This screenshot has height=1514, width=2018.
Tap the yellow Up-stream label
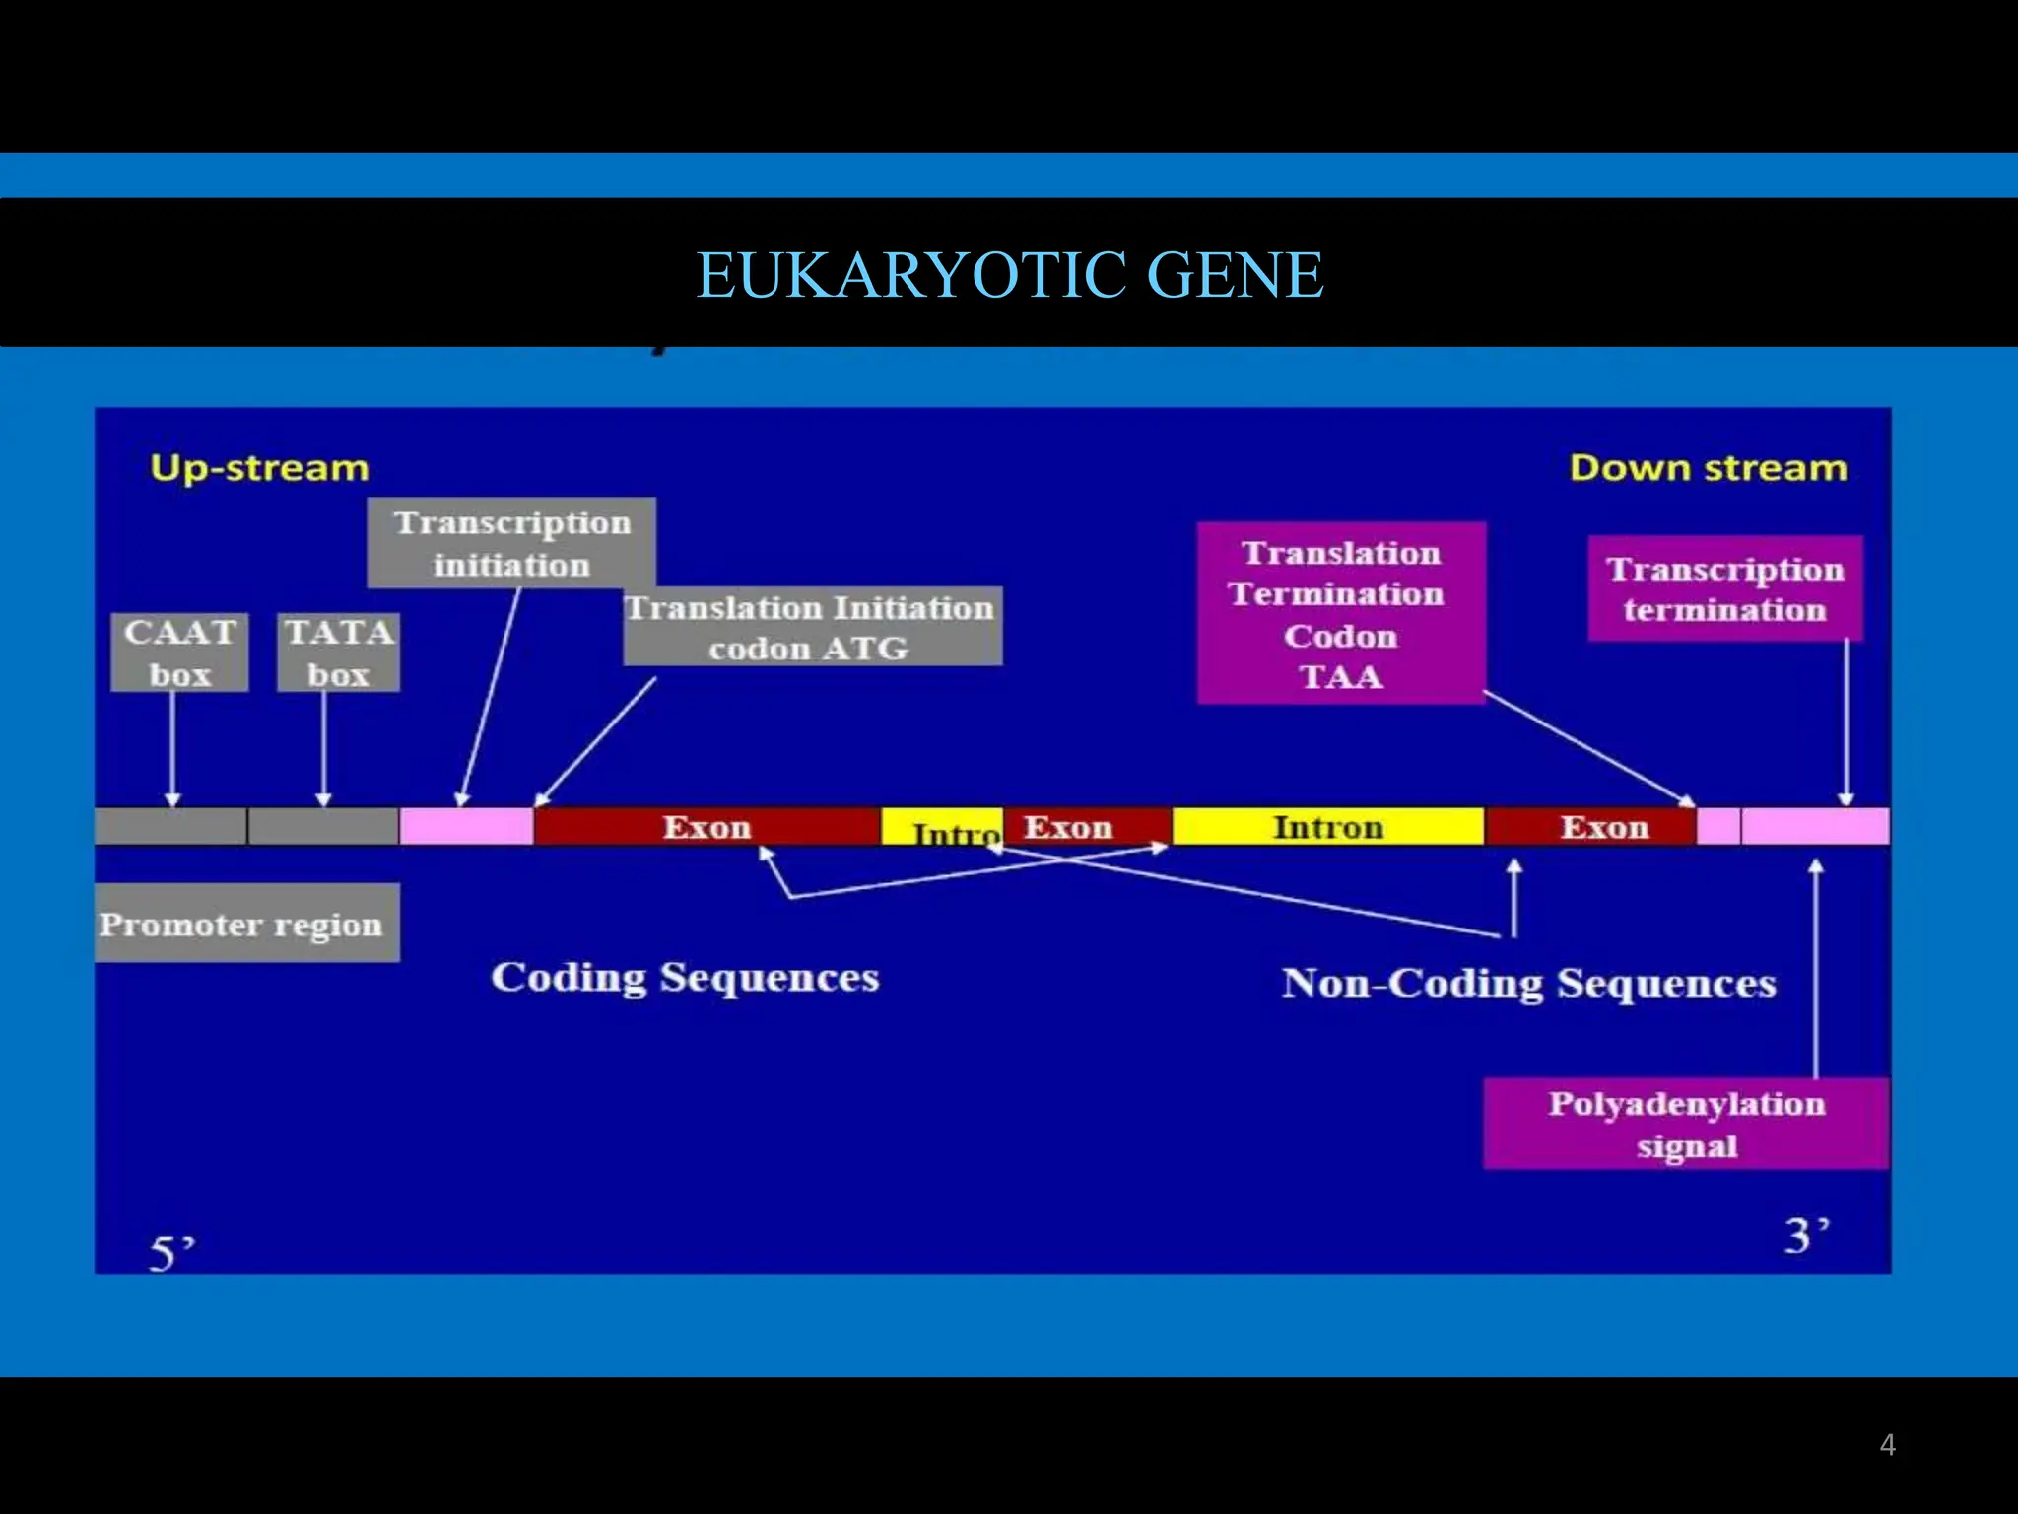(x=259, y=467)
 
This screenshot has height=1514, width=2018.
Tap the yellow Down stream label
(x=1708, y=467)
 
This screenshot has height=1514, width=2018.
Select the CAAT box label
(x=179, y=653)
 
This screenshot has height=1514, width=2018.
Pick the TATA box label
(x=338, y=653)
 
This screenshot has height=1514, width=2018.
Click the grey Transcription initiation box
(x=511, y=543)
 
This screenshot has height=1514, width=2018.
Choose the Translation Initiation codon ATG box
(x=811, y=628)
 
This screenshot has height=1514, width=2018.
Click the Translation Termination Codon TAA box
(x=1340, y=613)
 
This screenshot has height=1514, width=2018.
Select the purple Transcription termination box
(x=1724, y=588)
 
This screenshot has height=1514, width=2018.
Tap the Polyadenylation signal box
(x=1686, y=1124)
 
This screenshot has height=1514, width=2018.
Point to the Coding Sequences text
(x=685, y=978)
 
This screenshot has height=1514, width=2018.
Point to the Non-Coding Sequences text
(x=1528, y=984)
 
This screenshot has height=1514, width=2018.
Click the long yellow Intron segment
(x=1327, y=827)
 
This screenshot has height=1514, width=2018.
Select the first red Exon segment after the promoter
(x=706, y=827)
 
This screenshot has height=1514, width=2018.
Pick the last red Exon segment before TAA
(x=1603, y=827)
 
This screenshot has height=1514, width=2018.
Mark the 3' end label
(x=1806, y=1235)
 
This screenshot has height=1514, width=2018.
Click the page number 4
(x=1887, y=1445)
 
